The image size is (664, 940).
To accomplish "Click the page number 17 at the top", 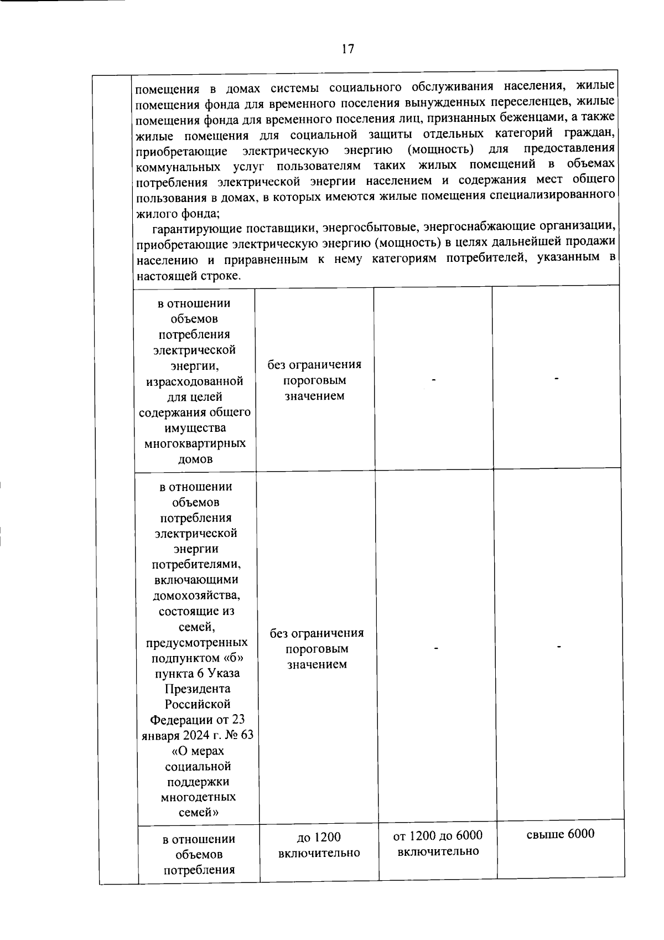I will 347,49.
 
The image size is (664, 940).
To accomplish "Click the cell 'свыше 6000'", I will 560,834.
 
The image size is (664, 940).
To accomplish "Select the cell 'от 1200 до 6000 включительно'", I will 438,843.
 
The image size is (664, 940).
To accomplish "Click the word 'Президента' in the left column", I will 198,689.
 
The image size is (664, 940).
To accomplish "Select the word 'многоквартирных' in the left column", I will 195,443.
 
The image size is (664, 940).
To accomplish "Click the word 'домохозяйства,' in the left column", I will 196,596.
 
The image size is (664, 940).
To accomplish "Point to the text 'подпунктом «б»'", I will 196,658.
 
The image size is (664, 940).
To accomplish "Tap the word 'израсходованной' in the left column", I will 195,381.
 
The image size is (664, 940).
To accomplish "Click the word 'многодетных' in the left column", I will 198,797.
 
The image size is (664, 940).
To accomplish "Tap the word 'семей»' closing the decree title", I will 198,813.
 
